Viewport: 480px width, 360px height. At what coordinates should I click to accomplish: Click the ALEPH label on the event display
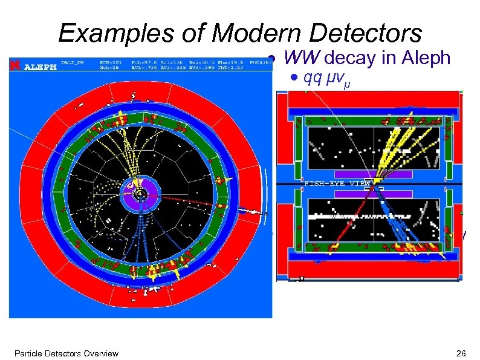pyautogui.click(x=40, y=67)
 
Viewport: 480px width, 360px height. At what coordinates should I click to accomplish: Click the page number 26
pyautogui.click(x=463, y=353)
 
